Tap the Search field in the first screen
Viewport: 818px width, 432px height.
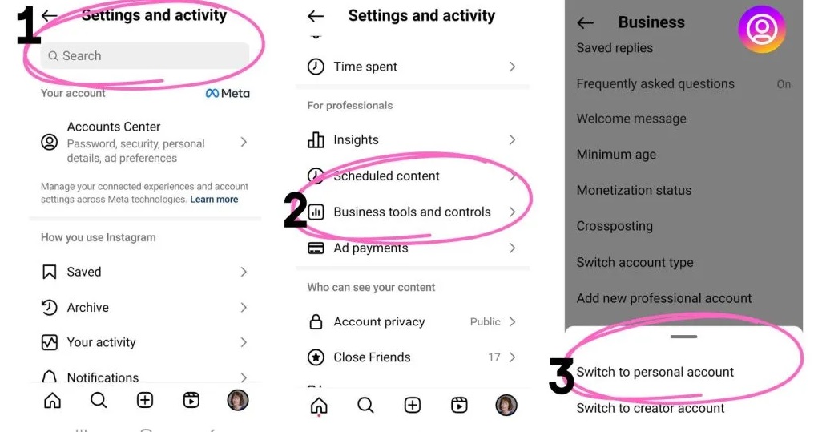click(x=144, y=56)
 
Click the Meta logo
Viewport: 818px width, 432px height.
click(x=228, y=94)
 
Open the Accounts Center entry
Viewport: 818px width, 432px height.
click(x=144, y=142)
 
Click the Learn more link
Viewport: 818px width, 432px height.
click(x=214, y=200)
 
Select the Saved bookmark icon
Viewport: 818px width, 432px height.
click(x=50, y=272)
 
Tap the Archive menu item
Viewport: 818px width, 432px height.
click(x=87, y=307)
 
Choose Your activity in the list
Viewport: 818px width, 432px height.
click(x=101, y=342)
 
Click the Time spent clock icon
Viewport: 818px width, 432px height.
click(x=316, y=67)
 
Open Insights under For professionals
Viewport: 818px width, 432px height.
click(x=357, y=139)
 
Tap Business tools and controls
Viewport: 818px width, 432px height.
click(x=412, y=212)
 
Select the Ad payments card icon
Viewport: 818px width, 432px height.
click(x=316, y=248)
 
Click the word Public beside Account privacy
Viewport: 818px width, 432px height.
click(x=486, y=321)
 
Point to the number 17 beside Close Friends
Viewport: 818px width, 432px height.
click(x=494, y=357)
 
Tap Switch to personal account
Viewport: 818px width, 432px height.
click(x=655, y=372)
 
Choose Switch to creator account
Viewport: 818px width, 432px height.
click(x=651, y=408)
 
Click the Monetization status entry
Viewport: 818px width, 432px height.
click(x=634, y=191)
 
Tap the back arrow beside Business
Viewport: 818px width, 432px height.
click(x=586, y=22)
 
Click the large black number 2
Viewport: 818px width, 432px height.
click(x=296, y=210)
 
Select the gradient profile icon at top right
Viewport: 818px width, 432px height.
click(x=762, y=29)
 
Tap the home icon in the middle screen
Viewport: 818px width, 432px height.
click(x=319, y=406)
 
